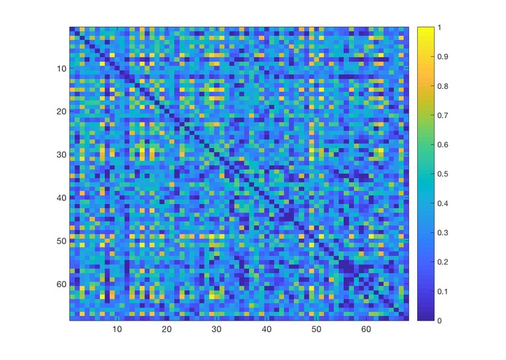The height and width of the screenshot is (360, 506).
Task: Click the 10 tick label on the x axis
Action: point(116,330)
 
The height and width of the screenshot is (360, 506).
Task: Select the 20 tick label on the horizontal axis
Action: point(166,330)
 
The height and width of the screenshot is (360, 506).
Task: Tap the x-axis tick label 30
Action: point(216,330)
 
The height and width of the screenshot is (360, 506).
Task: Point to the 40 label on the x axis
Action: point(266,330)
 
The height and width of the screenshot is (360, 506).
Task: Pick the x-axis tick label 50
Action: point(316,330)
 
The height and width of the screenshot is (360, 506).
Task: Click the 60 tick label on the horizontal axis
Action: point(366,330)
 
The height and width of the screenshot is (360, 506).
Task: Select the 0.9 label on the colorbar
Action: point(442,57)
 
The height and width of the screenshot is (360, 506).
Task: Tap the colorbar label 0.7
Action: point(442,115)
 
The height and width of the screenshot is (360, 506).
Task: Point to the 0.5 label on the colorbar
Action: point(442,174)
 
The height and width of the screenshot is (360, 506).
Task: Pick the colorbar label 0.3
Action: point(442,232)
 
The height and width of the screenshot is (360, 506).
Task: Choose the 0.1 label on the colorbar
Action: point(442,291)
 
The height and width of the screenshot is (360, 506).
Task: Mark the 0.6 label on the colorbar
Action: point(442,145)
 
